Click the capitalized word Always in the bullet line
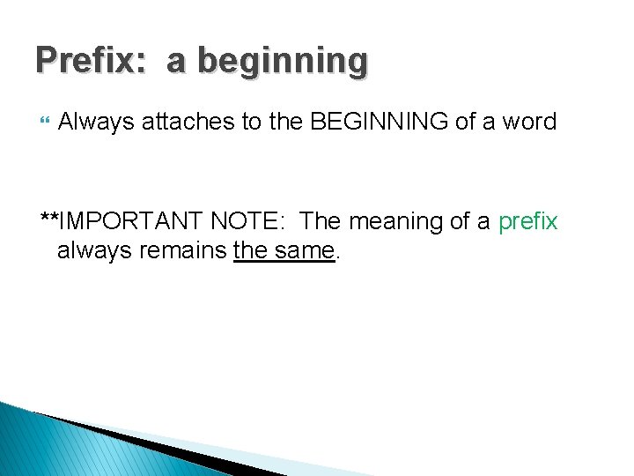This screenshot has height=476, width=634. point(92,122)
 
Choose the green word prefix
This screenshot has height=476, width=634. point(527,222)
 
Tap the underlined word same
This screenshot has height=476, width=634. point(304,251)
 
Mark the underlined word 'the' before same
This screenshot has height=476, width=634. point(251,251)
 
